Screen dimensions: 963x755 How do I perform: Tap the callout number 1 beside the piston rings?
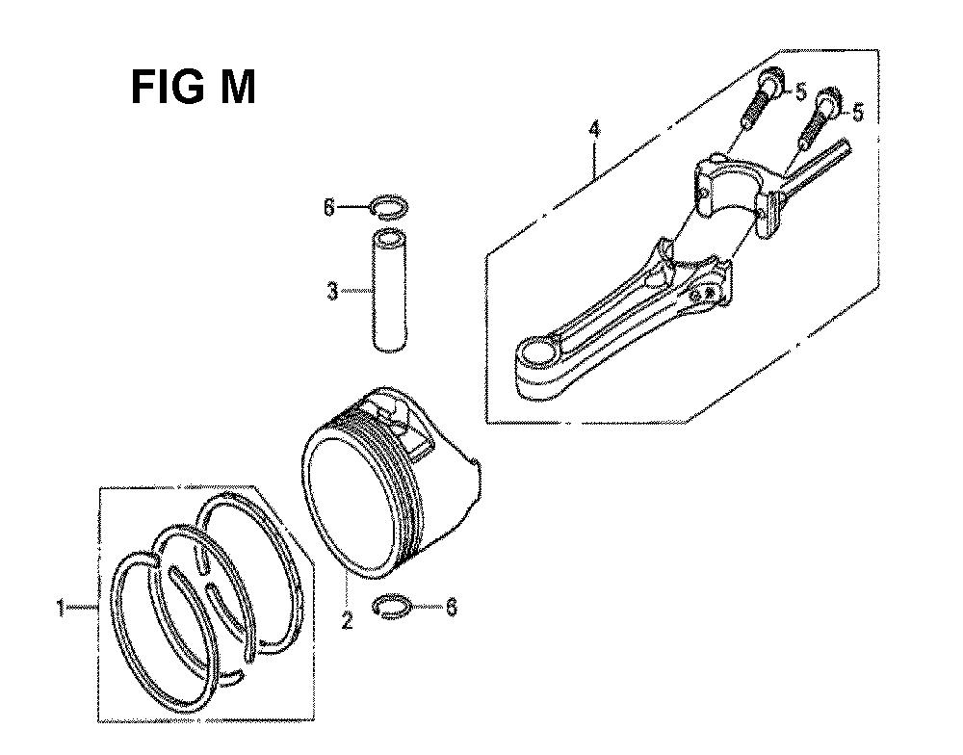click(60, 608)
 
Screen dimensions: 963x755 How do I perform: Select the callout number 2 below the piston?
click(347, 621)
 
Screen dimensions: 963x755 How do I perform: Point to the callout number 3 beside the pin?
click(332, 291)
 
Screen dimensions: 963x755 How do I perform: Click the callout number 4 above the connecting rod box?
click(593, 130)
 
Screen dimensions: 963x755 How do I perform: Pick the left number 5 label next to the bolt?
click(799, 91)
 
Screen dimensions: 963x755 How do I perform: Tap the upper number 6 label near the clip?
click(329, 208)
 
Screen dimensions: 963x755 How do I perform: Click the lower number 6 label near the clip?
click(452, 608)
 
